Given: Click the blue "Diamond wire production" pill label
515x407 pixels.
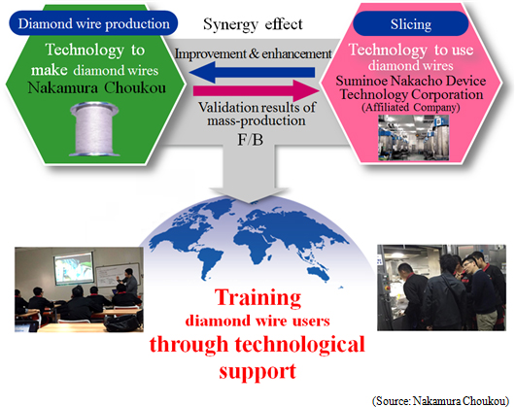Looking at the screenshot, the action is click(93, 23).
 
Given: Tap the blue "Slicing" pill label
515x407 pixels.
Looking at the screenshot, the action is click(411, 24).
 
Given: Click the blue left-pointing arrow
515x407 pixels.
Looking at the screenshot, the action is click(252, 72).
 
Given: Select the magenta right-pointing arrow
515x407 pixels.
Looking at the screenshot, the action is click(257, 91).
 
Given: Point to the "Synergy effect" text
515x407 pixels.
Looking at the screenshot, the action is click(253, 24).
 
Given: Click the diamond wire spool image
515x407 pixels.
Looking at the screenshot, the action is click(94, 129).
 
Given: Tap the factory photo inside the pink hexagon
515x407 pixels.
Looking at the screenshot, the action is click(414, 138).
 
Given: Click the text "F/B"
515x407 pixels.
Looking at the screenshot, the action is click(251, 140).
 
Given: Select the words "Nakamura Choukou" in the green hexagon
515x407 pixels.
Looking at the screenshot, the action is click(96, 88).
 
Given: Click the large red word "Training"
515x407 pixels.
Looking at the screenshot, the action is click(257, 297).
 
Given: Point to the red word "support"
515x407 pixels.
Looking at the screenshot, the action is click(257, 371).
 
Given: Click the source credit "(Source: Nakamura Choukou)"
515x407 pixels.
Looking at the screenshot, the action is click(440, 400).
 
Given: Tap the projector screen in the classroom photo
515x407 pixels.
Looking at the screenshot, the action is click(74, 267).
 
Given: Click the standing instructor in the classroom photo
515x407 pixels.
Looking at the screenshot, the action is click(128, 283).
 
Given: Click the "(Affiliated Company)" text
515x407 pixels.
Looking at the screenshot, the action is click(411, 108).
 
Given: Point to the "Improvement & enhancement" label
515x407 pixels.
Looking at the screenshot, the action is click(253, 53).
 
